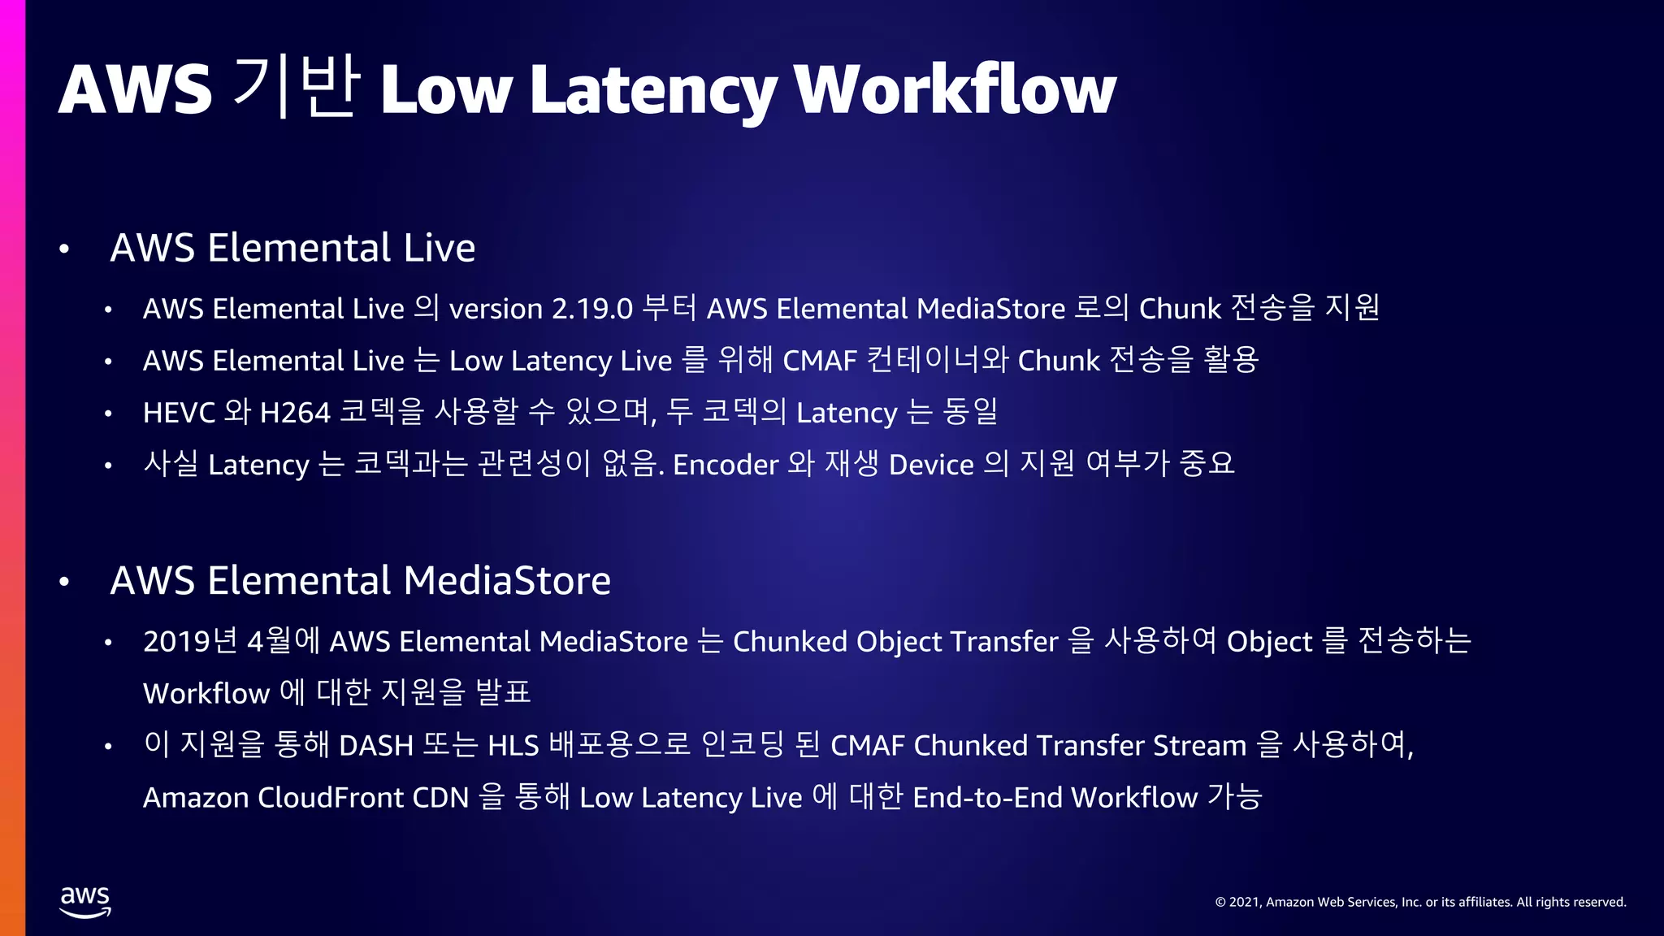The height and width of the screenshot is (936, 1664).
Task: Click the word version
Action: coord(496,309)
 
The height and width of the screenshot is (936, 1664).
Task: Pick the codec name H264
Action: coord(294,413)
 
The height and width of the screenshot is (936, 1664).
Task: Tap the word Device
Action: coord(931,465)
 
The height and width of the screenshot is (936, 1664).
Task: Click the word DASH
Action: coord(375,745)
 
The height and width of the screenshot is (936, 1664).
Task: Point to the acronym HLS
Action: coord(513,745)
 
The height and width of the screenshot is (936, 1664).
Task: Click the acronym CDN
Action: coord(440,797)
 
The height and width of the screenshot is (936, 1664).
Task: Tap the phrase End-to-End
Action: coord(986,797)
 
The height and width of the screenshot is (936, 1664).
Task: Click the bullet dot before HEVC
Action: coord(108,414)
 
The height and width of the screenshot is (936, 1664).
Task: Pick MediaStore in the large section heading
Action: coord(506,581)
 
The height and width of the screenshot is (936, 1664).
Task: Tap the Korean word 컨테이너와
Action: coord(938,360)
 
